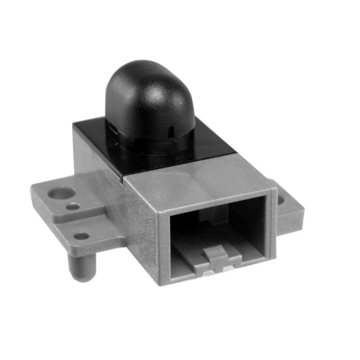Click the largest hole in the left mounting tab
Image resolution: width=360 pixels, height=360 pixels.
coord(60,193)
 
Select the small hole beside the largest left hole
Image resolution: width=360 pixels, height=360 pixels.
coord(73,207)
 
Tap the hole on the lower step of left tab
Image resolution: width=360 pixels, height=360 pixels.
coord(81,236)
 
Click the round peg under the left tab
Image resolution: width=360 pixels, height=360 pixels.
coord(82,267)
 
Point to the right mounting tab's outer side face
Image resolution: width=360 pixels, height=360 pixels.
coord(292,220)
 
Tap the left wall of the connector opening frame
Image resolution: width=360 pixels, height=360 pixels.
coord(164,243)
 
